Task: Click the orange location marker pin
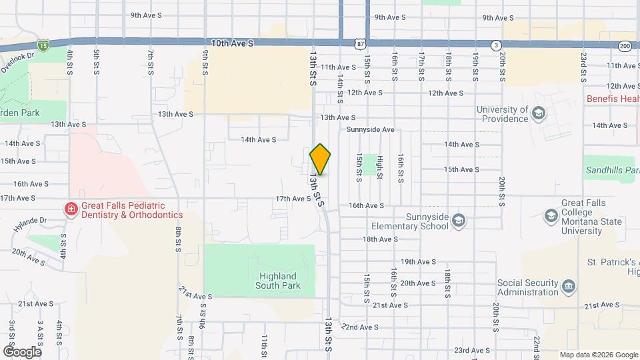coord(320,159)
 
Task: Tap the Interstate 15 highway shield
coord(43,45)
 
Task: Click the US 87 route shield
coord(360,43)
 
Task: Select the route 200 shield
coord(625,45)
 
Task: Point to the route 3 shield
coord(495,45)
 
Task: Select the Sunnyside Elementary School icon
coord(458,221)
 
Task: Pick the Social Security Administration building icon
coord(569,287)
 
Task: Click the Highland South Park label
coord(278,281)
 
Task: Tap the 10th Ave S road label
coord(232,43)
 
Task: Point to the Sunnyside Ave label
coord(371,129)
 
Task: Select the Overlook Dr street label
coord(16,63)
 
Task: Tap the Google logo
coord(22,351)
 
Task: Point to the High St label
coord(380,167)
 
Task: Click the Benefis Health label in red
coord(613,99)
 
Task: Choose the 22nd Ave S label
coord(360,327)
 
